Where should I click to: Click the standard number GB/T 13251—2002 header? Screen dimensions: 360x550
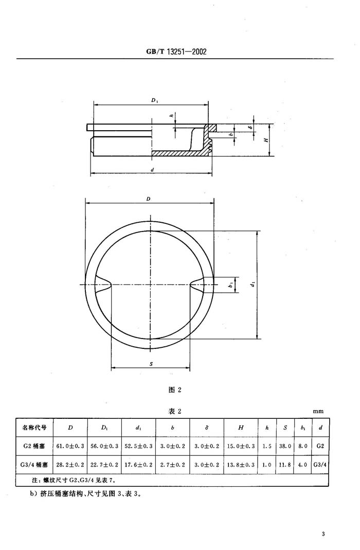pyautogui.click(x=176, y=51)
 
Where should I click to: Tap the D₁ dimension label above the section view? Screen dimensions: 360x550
pyautogui.click(x=155, y=100)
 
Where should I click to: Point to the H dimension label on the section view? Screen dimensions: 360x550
pyautogui.click(x=266, y=139)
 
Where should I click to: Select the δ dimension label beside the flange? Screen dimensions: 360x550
pyautogui.click(x=250, y=128)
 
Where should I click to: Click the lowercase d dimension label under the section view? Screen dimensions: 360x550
pyautogui.click(x=152, y=170)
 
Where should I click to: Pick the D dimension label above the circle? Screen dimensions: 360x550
pyautogui.click(x=148, y=199)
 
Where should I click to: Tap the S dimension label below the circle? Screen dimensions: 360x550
pyautogui.click(x=151, y=364)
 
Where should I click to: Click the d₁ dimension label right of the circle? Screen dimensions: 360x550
pyautogui.click(x=253, y=285)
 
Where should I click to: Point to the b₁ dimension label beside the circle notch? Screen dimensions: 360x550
pyautogui.click(x=230, y=285)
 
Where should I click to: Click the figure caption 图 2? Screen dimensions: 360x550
pyautogui.click(x=175, y=389)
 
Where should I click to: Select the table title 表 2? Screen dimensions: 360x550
pyautogui.click(x=175, y=411)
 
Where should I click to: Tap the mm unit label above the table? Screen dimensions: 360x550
pyautogui.click(x=318, y=412)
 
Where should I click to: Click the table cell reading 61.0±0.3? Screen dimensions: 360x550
pyautogui.click(x=70, y=446)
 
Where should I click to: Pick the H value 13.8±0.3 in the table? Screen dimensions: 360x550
pyautogui.click(x=241, y=465)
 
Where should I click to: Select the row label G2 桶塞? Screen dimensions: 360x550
pyautogui.click(x=34, y=446)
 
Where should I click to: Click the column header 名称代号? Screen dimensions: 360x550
pyautogui.click(x=34, y=428)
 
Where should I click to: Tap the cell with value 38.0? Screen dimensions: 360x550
pyautogui.click(x=285, y=446)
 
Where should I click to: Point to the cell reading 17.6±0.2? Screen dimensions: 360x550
pyautogui.click(x=138, y=465)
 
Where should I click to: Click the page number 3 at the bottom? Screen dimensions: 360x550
pyautogui.click(x=323, y=534)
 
